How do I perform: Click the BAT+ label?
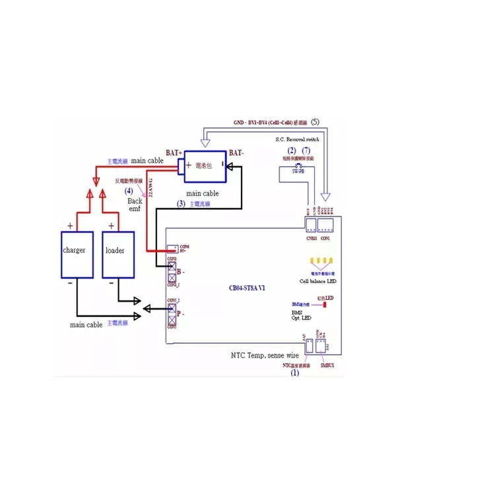click(174, 152)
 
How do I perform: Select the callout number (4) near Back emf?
click(129, 191)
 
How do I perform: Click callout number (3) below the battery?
click(181, 204)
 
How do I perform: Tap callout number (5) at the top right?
click(315, 122)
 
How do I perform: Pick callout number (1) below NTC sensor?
click(295, 372)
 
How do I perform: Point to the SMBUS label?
click(327, 364)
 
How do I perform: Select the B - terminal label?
click(181, 271)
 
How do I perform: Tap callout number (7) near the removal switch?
click(306, 150)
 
